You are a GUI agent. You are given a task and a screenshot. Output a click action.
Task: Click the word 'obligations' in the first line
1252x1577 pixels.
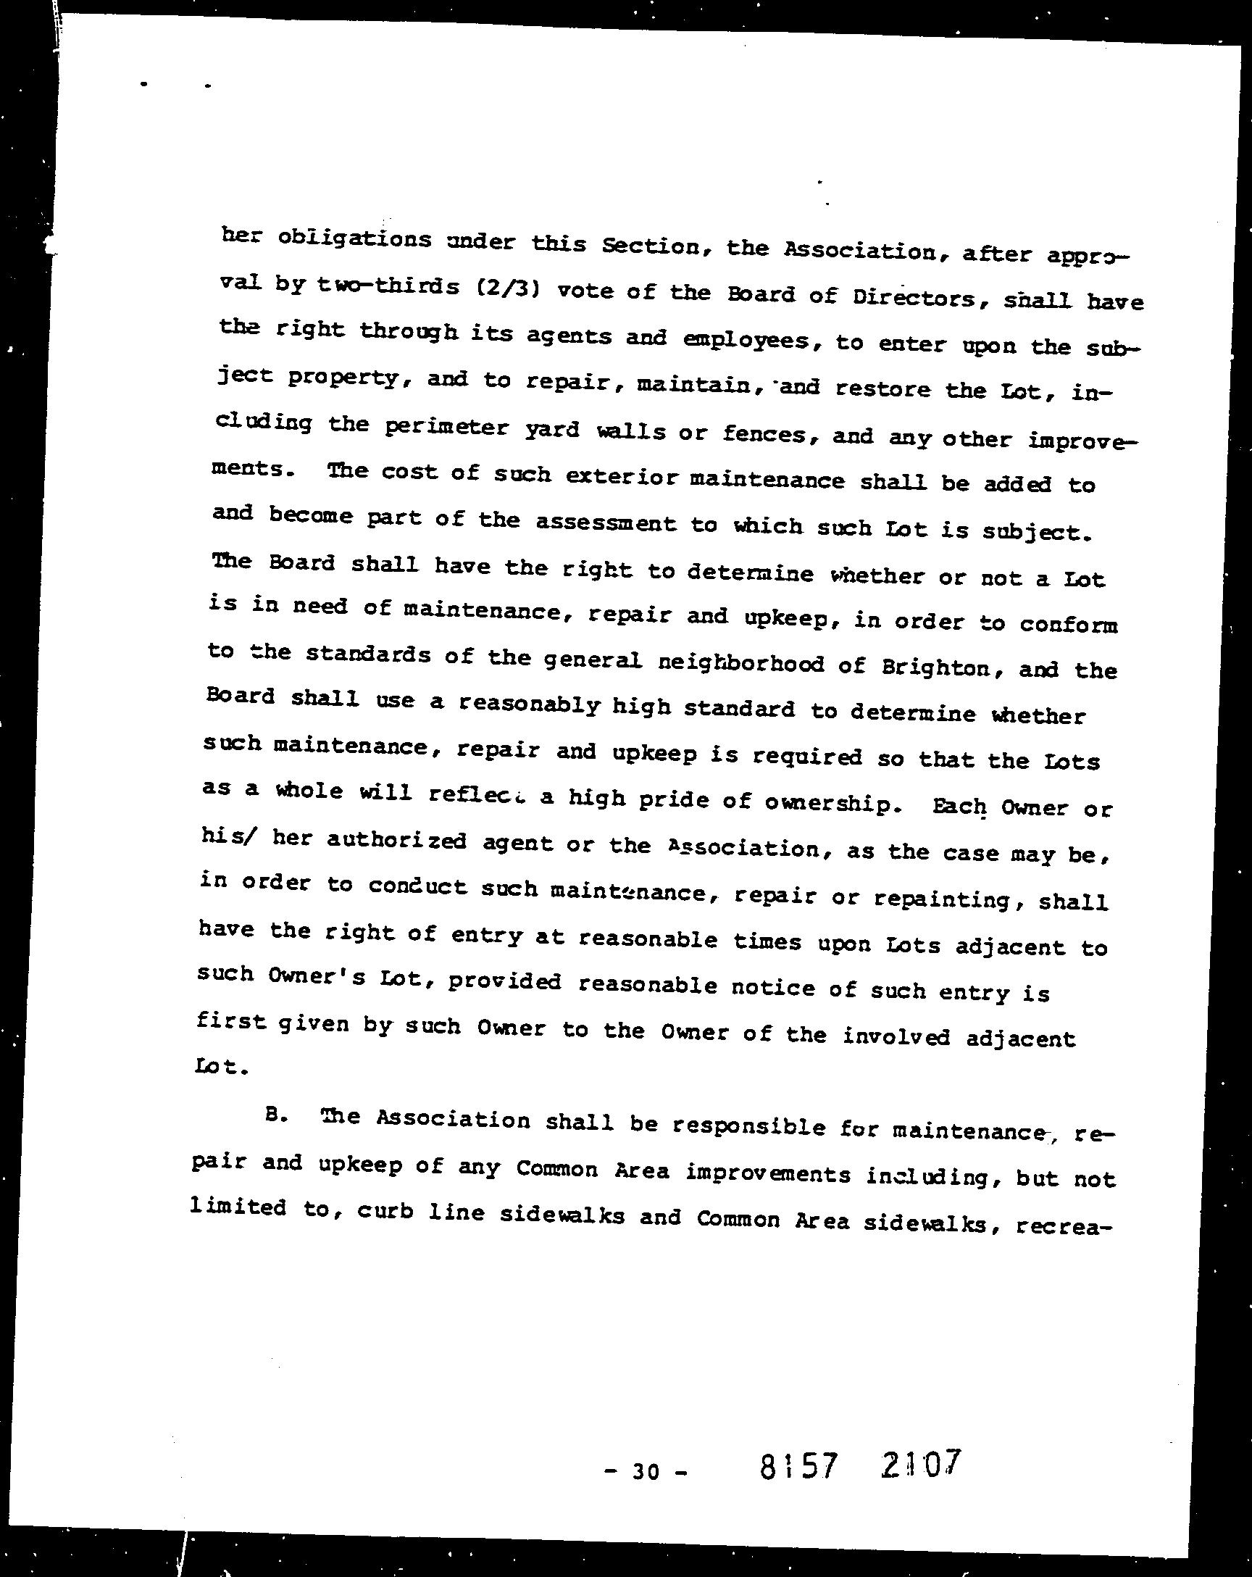(356, 240)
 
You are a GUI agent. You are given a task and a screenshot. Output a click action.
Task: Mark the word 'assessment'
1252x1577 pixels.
(606, 523)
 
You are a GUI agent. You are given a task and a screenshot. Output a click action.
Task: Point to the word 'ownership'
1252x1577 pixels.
(829, 804)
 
